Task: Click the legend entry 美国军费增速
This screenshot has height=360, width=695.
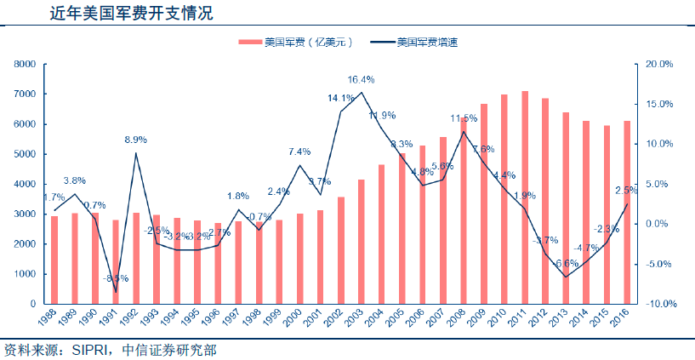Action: pyautogui.click(x=429, y=42)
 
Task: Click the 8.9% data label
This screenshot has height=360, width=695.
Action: pyautogui.click(x=135, y=140)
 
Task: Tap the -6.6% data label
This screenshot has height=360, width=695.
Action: pyautogui.click(x=565, y=263)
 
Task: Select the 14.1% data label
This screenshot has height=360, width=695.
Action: pyautogui.click(x=340, y=98)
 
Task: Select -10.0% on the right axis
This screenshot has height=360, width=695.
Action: pyautogui.click(x=659, y=304)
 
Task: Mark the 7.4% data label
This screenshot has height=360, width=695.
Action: pyautogui.click(x=299, y=151)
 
